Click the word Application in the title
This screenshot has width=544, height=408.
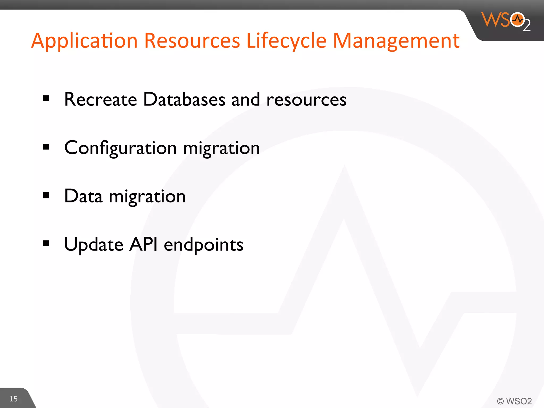pos(84,41)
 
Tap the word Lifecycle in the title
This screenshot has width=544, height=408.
pos(286,41)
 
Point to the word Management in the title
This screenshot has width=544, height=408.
pos(396,41)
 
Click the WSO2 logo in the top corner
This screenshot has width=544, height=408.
pos(506,21)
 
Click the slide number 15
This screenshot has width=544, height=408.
pos(13,398)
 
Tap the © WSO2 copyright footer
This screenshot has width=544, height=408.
pos(514,401)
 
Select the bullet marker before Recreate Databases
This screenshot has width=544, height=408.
pos(46,99)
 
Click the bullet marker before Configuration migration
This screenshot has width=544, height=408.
pos(46,147)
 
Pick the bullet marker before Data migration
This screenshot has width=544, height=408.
pos(46,195)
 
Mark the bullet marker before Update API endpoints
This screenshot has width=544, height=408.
pos(46,243)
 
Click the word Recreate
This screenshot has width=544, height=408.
pos(101,99)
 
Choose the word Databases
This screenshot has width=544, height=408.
pos(184,99)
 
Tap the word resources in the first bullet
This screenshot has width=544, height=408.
pos(306,100)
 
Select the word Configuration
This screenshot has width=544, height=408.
pos(120,148)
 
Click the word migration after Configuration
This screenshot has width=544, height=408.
pos(221,148)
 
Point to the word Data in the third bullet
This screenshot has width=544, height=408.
pos(83,196)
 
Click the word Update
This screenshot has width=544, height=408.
pos(94,245)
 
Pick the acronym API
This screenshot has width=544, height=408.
pos(143,244)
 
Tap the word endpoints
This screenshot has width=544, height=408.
pos(203,245)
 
